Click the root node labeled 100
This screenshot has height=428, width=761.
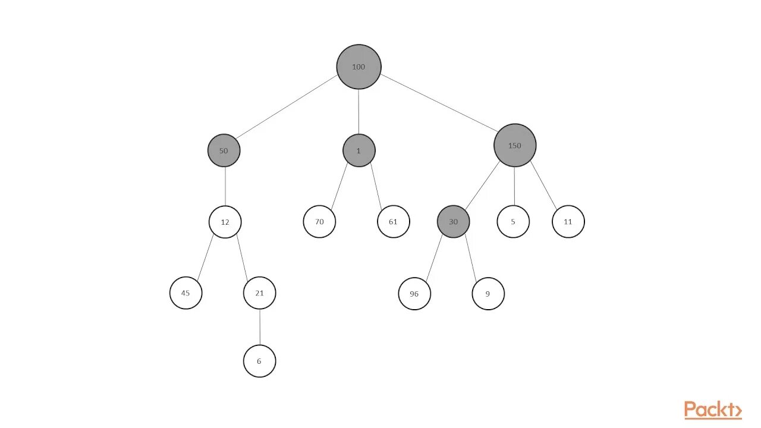tap(359, 67)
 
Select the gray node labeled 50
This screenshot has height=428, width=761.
tap(224, 150)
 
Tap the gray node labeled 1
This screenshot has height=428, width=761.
tap(359, 150)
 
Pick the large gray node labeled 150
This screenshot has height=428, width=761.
tap(515, 145)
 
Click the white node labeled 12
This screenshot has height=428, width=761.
tap(225, 222)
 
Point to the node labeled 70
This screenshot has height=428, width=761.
tap(319, 222)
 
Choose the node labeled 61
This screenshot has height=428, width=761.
tap(394, 222)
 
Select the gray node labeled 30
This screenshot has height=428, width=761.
tap(454, 222)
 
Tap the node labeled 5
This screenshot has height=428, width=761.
tap(514, 222)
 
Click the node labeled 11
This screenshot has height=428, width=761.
tap(568, 222)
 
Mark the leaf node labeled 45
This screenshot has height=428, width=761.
tap(186, 293)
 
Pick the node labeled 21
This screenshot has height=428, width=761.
tap(260, 293)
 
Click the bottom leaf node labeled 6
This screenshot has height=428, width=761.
tap(260, 361)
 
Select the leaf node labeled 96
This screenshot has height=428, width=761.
tap(414, 294)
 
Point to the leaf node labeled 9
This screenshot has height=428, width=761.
tap(488, 294)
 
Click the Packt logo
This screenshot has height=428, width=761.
tap(713, 410)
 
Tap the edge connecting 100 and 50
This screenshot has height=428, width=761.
tap(288, 108)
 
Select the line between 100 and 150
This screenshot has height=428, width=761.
tap(440, 102)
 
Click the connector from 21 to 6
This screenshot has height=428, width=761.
tap(260, 327)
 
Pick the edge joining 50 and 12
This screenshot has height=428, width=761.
tap(225, 186)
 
